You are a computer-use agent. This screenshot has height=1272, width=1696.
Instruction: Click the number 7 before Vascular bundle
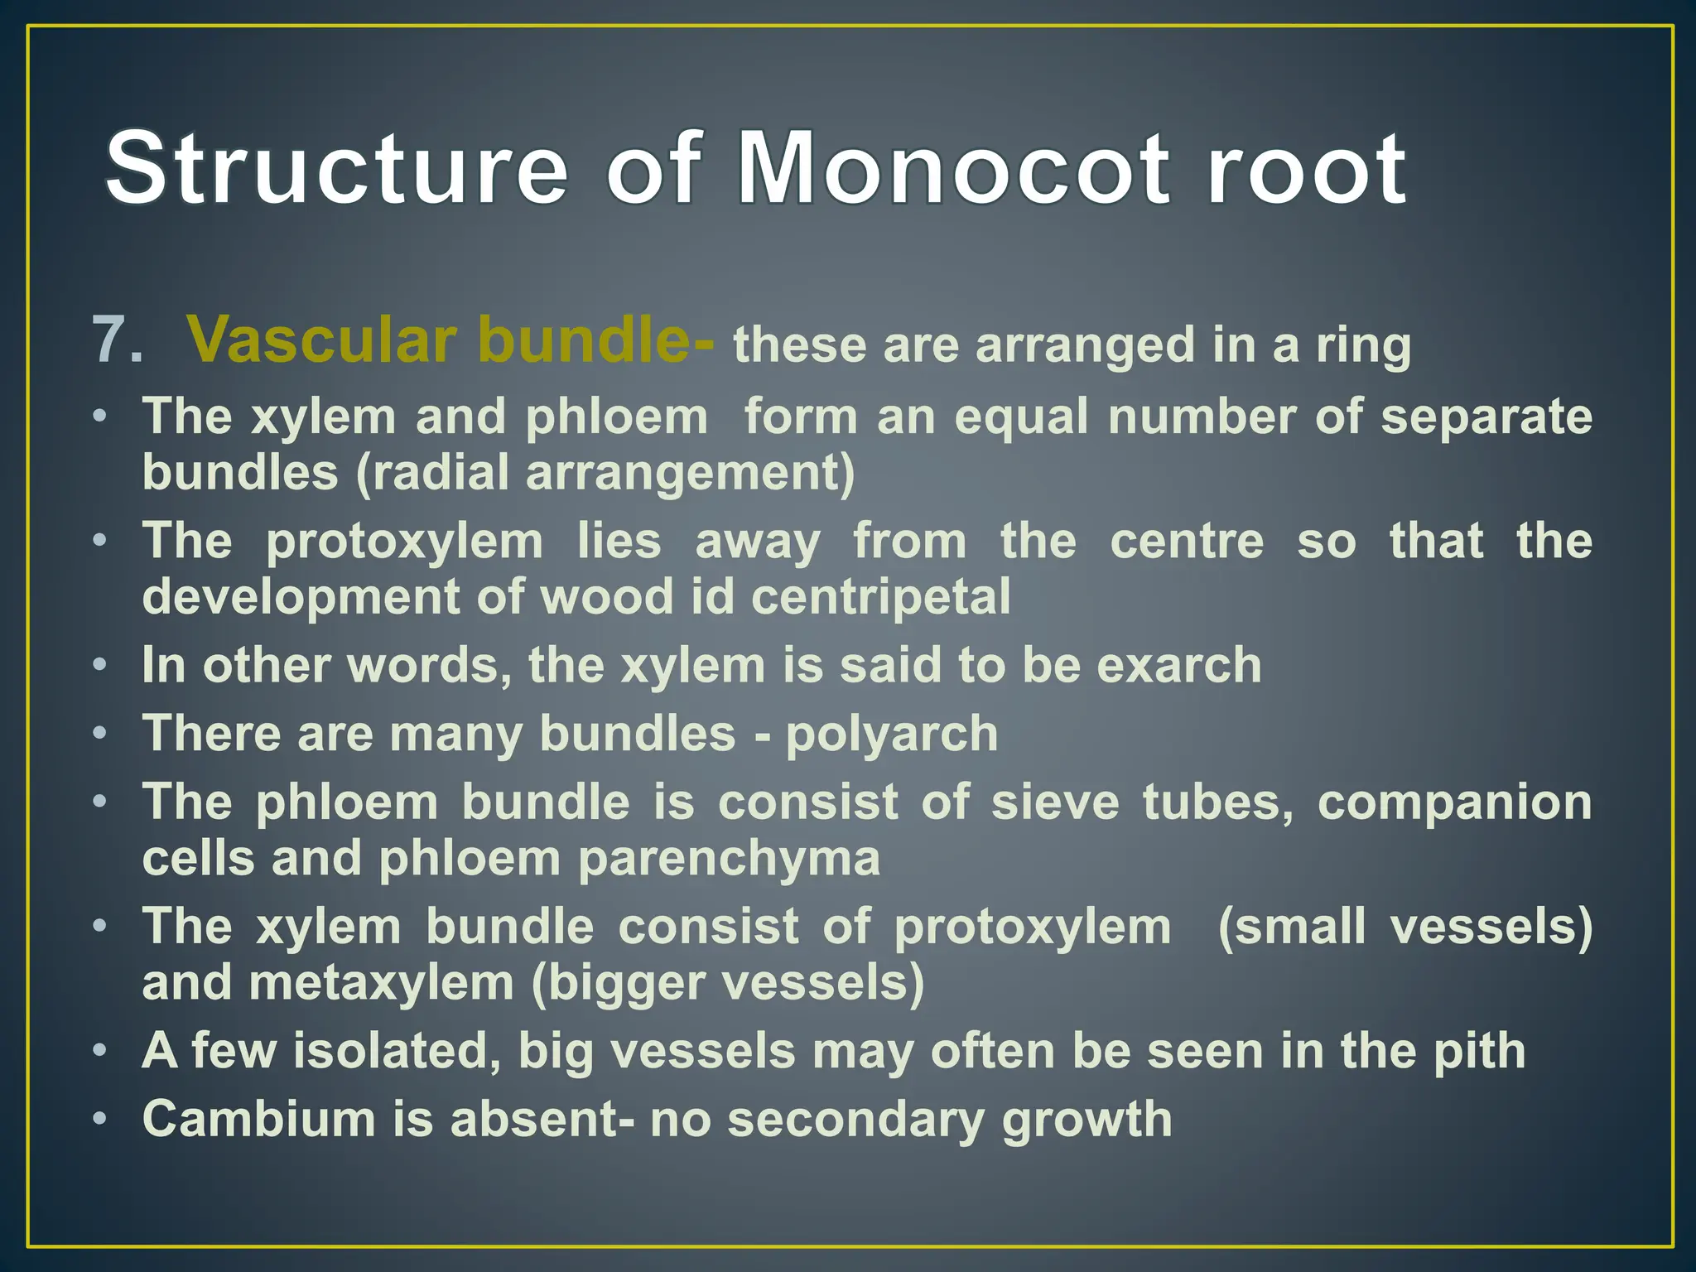117,340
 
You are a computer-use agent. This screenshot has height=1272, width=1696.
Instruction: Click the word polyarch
892,735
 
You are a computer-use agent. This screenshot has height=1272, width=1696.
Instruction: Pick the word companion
1454,802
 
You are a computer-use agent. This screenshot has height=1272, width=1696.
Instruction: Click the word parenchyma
729,859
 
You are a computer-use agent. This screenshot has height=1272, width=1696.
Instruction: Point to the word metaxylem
381,983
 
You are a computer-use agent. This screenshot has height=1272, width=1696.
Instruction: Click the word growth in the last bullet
1086,1120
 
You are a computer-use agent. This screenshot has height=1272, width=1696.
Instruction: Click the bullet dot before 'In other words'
100,665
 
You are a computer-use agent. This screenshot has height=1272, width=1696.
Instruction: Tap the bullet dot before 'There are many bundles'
100,734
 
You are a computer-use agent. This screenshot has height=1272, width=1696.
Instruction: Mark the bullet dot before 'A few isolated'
100,1051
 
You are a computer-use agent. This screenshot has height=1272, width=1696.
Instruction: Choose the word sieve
1055,802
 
